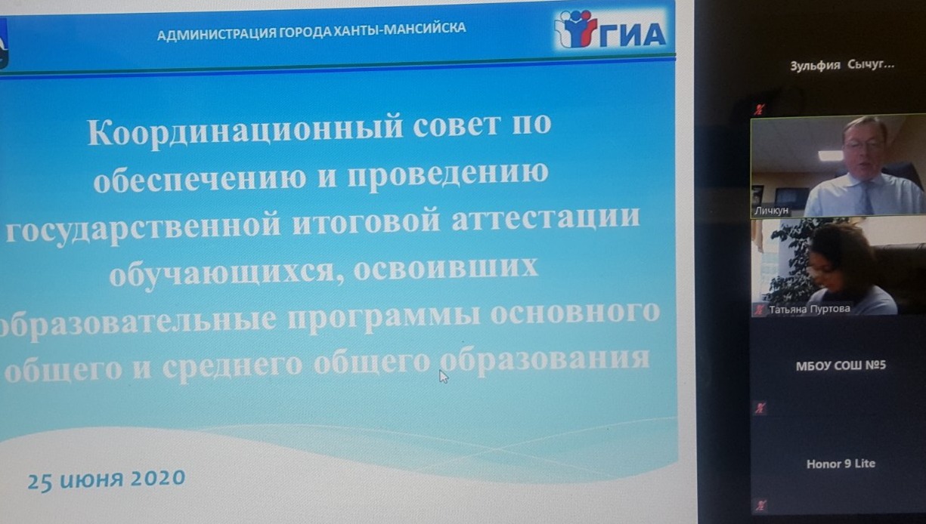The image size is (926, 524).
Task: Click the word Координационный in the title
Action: coord(246,132)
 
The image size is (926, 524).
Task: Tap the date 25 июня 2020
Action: coord(107,479)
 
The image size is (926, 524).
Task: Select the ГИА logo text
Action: coord(633,35)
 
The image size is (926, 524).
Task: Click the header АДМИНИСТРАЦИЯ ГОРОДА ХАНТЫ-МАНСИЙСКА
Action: coord(311,32)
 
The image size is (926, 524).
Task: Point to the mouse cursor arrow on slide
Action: coord(444,376)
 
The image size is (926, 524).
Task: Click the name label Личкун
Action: coord(771,211)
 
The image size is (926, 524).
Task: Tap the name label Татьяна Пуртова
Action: coord(810,309)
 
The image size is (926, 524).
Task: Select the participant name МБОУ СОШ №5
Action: coord(841,365)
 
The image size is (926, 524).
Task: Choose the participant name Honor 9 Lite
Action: coord(841,464)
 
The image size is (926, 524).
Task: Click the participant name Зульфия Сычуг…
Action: coord(842,65)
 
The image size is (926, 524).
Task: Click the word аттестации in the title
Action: coord(546,220)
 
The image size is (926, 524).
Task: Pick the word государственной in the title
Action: coord(144,230)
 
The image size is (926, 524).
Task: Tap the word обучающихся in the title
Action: coord(221,273)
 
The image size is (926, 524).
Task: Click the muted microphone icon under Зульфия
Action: coord(759,109)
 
